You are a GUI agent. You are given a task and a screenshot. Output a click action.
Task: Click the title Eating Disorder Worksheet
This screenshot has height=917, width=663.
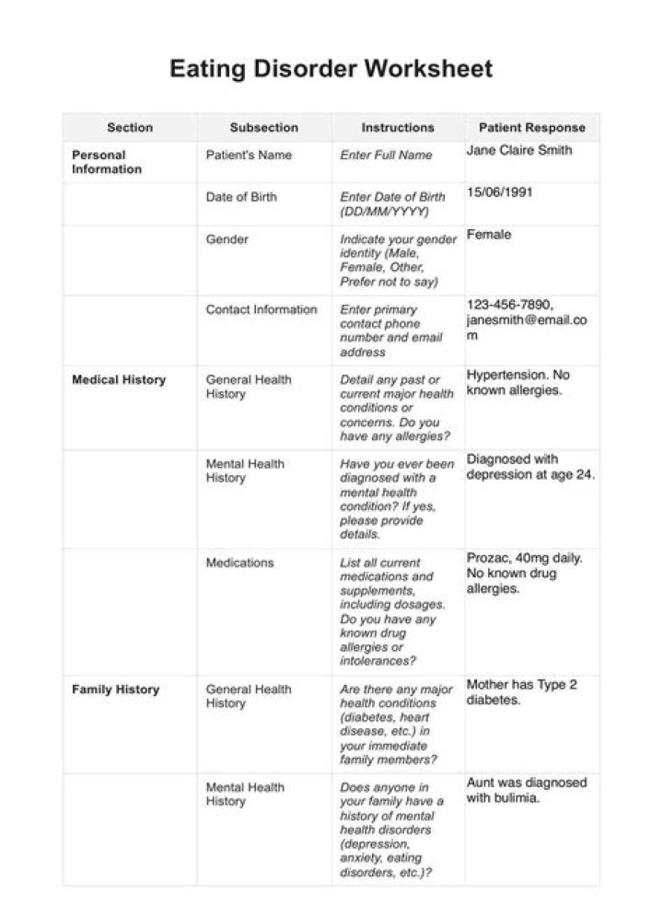[x=331, y=68]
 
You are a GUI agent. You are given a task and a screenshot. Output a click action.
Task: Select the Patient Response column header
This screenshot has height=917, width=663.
[x=531, y=128]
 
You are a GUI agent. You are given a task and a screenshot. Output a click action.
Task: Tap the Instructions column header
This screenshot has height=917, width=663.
[x=397, y=128]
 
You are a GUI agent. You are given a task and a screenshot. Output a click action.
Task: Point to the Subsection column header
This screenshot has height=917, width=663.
[x=263, y=128]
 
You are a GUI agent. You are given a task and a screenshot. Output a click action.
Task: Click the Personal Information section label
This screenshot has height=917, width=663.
[x=107, y=162]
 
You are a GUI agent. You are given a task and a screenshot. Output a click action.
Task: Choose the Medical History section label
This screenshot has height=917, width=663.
[x=119, y=379]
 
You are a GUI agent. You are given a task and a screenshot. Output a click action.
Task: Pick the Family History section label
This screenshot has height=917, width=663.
[x=115, y=690]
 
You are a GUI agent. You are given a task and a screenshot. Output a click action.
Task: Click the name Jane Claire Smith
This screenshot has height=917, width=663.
[x=518, y=151]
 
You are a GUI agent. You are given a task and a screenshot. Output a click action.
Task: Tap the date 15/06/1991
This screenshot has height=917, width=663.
[x=499, y=192]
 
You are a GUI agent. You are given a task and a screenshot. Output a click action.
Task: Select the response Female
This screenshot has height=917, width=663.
[x=488, y=235]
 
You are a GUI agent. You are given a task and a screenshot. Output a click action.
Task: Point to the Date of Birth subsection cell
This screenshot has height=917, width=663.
[x=240, y=197]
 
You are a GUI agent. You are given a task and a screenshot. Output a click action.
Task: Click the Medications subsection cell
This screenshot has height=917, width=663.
[x=239, y=563]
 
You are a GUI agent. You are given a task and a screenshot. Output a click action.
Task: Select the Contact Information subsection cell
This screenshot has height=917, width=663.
[x=261, y=309]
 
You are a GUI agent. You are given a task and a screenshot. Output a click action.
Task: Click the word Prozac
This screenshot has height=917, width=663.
[x=486, y=558]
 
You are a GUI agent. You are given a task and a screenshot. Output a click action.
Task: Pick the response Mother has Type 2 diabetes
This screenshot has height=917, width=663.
[x=521, y=692]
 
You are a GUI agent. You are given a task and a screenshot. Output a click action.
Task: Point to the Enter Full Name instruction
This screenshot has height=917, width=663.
[x=386, y=156]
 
